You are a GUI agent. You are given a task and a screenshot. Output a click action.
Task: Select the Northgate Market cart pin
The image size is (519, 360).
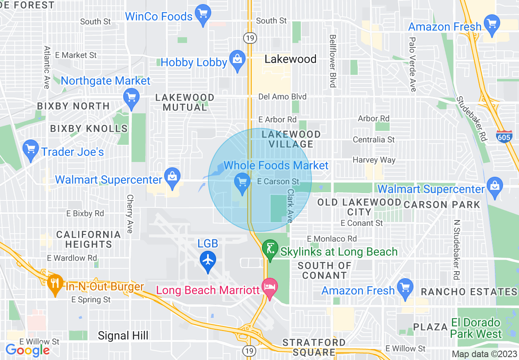131,99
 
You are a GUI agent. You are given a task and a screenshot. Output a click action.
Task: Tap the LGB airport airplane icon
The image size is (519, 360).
208,260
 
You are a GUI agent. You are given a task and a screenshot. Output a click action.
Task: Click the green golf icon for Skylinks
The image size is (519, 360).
270,250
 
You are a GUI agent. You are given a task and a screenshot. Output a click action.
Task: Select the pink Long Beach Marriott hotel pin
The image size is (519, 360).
270,288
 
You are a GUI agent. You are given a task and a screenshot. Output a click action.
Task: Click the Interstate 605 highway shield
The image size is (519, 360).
504,136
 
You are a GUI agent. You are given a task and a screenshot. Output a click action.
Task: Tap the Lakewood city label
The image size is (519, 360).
290,59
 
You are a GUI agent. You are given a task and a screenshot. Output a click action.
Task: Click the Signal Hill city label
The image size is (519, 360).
123,336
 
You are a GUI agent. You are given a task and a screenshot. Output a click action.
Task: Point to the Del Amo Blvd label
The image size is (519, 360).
282,97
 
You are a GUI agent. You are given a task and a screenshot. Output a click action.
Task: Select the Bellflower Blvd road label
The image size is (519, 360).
332,61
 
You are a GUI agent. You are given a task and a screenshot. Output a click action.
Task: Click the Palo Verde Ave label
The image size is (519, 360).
413,65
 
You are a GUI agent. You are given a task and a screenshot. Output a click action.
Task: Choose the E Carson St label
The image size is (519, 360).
278,181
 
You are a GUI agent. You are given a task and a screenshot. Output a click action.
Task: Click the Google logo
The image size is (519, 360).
27,350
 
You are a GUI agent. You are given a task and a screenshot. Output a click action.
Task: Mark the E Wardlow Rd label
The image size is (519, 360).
72,258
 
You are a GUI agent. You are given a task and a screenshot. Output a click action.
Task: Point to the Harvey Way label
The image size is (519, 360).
374,160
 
